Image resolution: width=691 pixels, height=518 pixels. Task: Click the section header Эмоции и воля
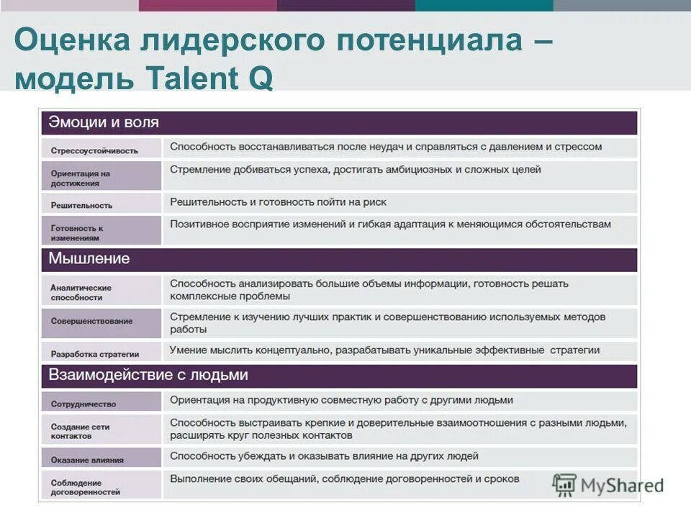coord(104,122)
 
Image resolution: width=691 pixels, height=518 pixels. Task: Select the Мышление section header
coord(89,258)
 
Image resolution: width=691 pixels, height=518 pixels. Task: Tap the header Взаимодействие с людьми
coord(148,375)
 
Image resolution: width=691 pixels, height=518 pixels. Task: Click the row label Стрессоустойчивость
coord(94,150)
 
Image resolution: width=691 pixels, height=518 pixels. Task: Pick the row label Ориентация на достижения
coord(81,178)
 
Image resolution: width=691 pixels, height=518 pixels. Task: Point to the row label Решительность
coord(81,205)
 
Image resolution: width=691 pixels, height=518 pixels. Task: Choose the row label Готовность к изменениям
coord(77,232)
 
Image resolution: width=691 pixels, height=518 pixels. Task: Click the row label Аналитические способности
coord(81,292)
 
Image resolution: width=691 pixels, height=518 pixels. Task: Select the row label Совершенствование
coord(91,321)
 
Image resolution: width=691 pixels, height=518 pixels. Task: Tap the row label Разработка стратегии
coord(95,353)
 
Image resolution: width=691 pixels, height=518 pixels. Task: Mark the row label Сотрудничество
coord(83,404)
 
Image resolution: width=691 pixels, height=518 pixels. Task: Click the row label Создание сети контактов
coord(80,431)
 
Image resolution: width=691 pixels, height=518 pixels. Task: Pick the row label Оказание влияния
coord(87,460)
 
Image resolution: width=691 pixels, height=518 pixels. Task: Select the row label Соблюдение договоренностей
coord(86,487)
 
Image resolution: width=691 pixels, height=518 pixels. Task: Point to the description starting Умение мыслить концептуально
coord(384,350)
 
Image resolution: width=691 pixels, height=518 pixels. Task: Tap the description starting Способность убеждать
coord(324,456)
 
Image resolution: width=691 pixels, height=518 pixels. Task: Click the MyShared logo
coord(608,485)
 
